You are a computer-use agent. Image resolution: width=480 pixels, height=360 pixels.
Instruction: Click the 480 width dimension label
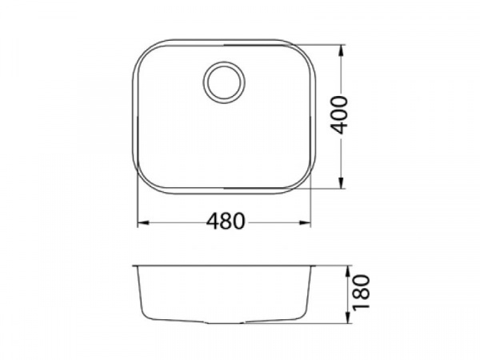[226, 222]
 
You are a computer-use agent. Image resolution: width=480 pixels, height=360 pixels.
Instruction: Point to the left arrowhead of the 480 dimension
[141, 222]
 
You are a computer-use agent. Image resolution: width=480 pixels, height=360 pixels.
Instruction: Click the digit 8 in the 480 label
[226, 222]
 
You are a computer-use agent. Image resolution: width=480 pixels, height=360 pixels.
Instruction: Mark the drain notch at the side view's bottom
[223, 323]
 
